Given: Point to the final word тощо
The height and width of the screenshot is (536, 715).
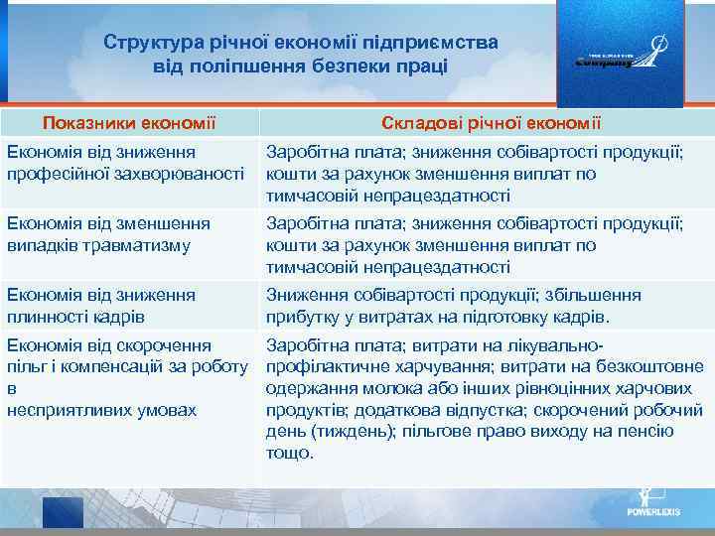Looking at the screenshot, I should (x=289, y=453).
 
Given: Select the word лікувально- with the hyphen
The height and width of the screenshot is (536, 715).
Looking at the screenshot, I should (x=553, y=345).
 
